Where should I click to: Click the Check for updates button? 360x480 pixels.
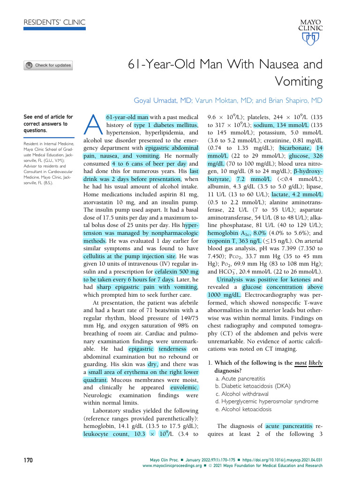click(48, 65)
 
